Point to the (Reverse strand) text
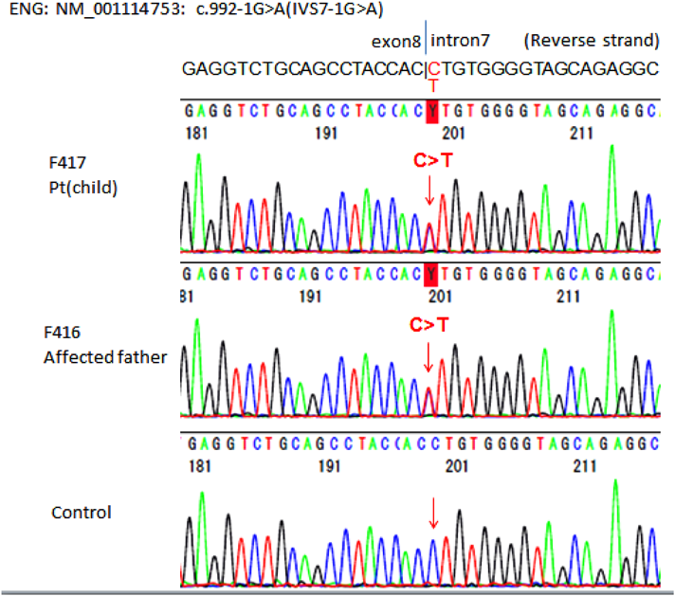[592, 41]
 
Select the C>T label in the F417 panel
[431, 161]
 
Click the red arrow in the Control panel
[432, 515]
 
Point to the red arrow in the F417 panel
[429, 191]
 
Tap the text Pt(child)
[84, 187]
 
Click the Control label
[81, 513]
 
